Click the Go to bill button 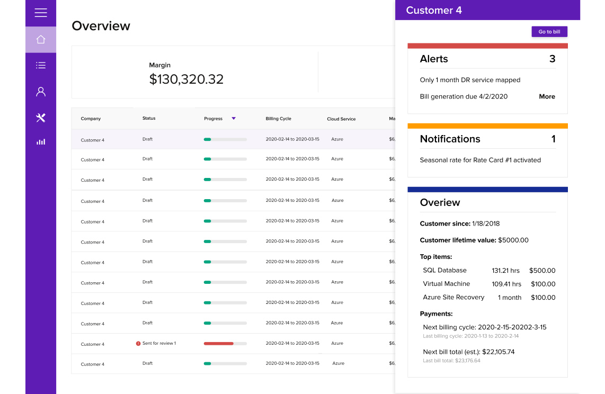pos(549,32)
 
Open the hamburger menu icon pos(41,13)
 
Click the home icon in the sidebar pos(41,40)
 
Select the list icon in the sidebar pos(41,66)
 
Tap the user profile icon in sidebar pos(41,92)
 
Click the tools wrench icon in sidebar pos(41,118)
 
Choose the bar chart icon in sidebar pos(41,142)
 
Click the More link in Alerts pos(547,96)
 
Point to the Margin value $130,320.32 pos(186,79)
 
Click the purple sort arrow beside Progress pos(234,119)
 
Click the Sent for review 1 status pos(159,343)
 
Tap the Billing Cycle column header pos(278,119)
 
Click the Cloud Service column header pos(341,119)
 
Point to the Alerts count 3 pos(552,59)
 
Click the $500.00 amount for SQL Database pos(542,271)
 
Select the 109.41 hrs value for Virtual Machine pos(506,284)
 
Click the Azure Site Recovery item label pos(453,297)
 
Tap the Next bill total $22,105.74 pos(468,352)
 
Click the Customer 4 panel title pos(434,10)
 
